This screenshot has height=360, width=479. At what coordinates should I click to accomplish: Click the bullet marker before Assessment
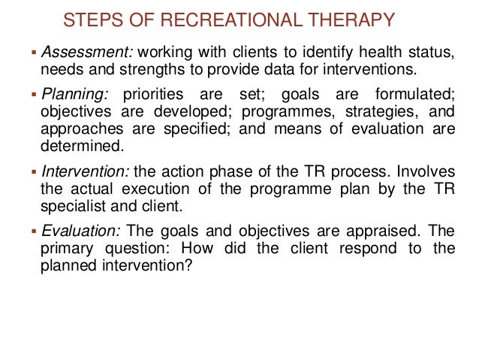pos(33,54)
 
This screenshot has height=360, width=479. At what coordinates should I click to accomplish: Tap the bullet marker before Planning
pos(33,96)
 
